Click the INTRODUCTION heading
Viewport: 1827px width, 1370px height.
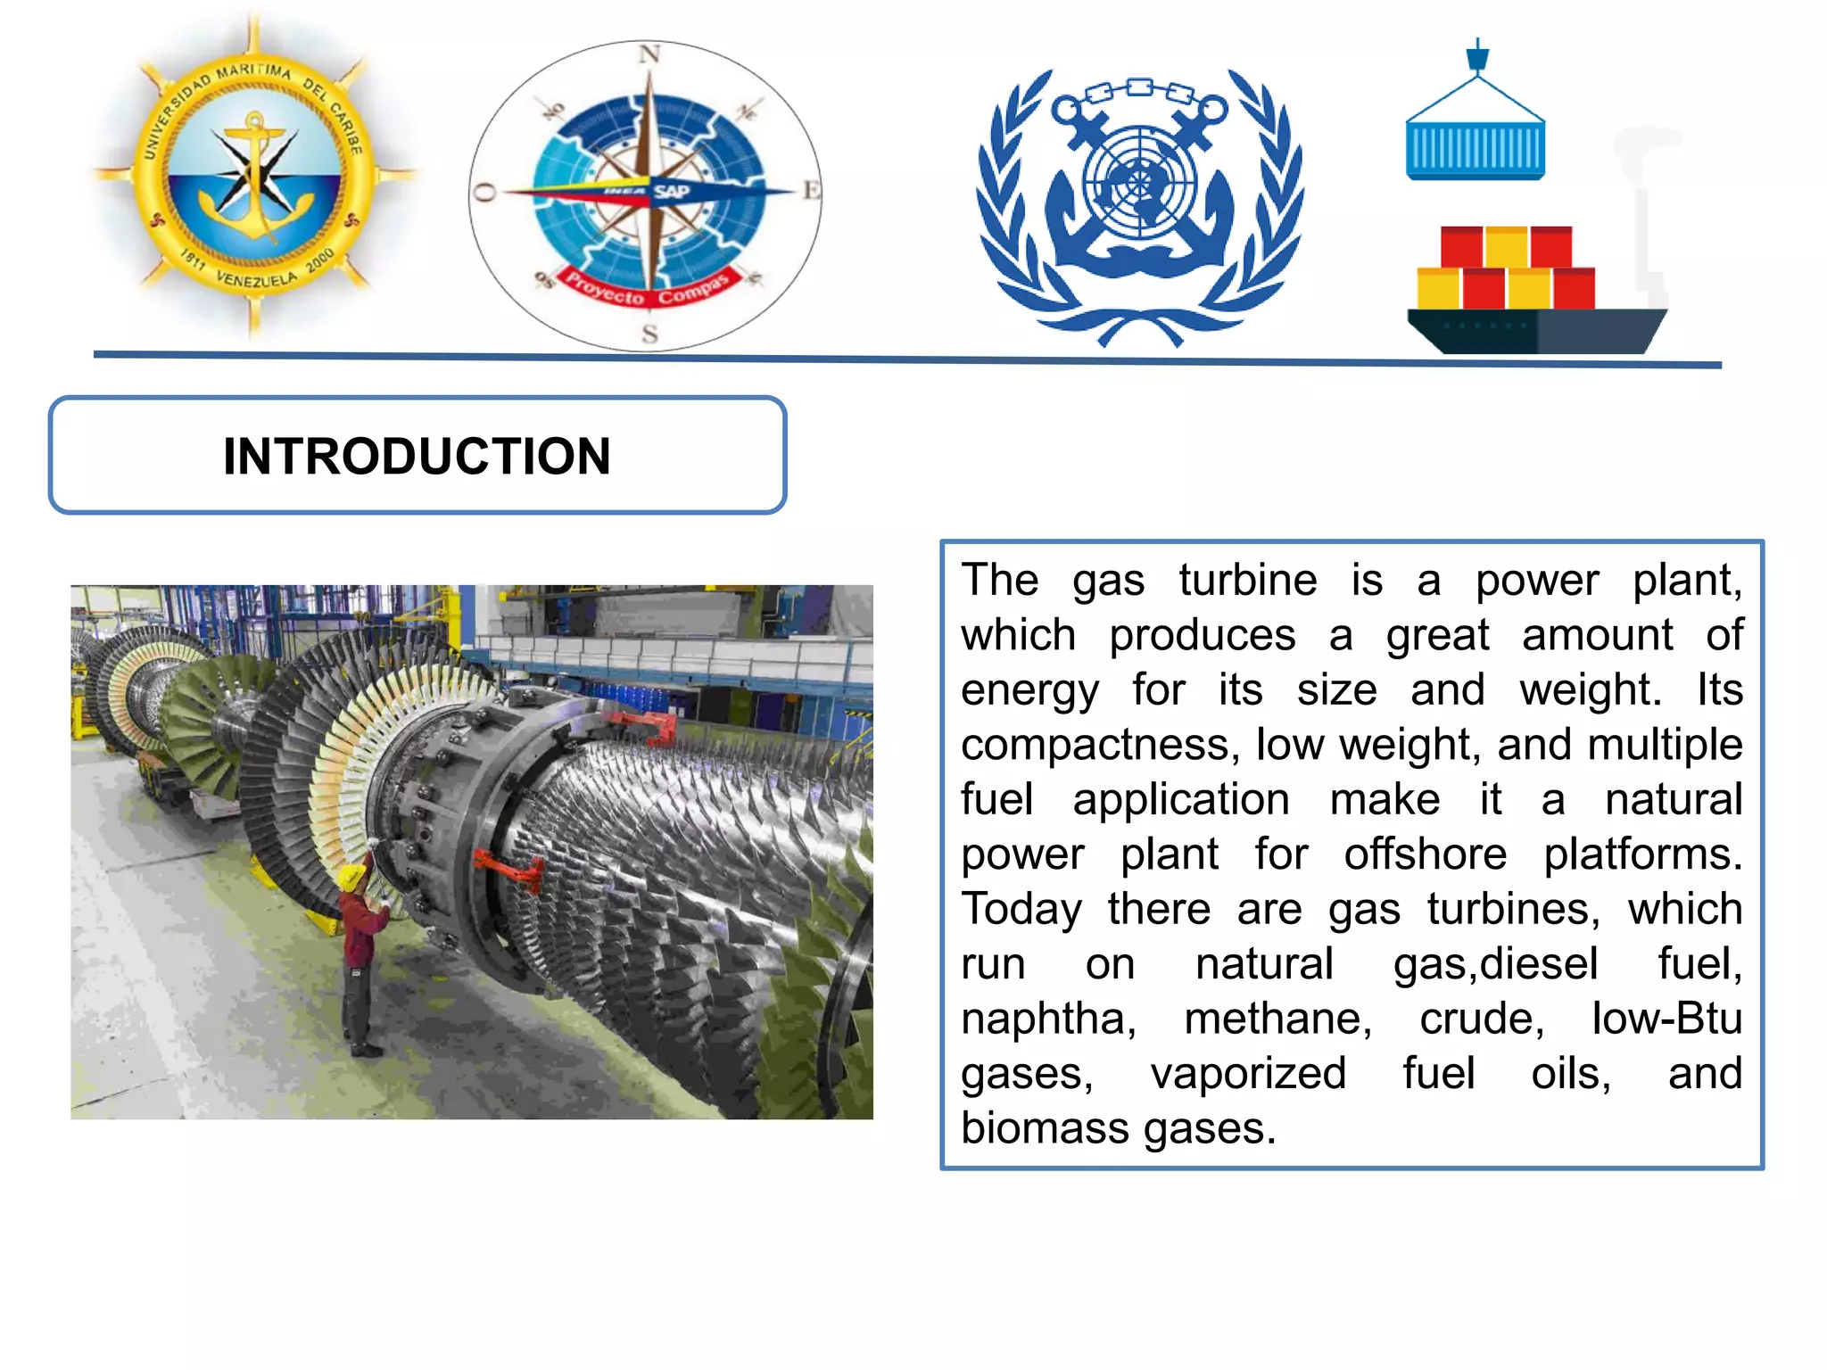(x=417, y=456)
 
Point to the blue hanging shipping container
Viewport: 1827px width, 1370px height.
(x=1476, y=150)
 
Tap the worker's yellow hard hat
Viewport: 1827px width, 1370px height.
(x=353, y=877)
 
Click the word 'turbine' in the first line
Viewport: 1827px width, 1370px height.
(x=1247, y=581)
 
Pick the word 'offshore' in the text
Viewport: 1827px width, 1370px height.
(x=1425, y=854)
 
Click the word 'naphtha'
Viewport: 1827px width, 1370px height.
(x=1048, y=1019)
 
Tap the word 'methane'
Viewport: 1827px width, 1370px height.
(x=1277, y=1019)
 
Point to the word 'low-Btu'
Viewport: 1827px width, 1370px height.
(x=1666, y=1019)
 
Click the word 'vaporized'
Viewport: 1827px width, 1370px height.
(x=1247, y=1074)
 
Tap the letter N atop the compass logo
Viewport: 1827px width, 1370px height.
(x=649, y=54)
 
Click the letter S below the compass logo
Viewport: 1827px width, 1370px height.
(x=649, y=334)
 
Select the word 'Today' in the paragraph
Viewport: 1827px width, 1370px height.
(x=1021, y=910)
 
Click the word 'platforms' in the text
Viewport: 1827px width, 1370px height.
(x=1641, y=854)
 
